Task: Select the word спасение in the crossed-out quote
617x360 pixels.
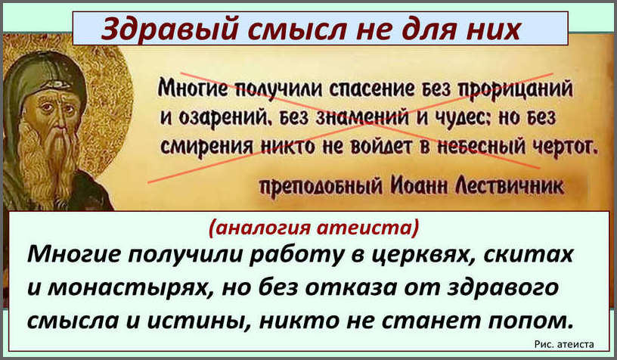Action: [371, 89]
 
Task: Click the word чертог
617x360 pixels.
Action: [566, 147]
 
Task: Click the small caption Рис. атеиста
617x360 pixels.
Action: [564, 345]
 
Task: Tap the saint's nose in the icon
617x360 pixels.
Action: [59, 124]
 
